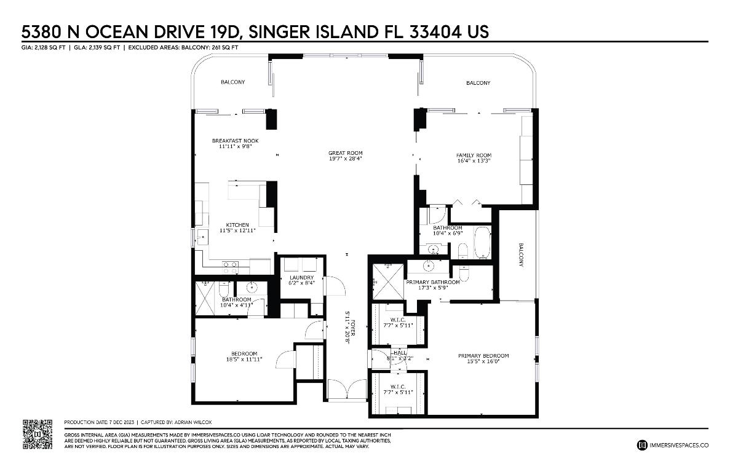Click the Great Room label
[345, 153]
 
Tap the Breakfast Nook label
[235, 141]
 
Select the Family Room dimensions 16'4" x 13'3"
[473, 160]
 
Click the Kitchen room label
[237, 225]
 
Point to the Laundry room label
[301, 277]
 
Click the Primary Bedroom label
[483, 356]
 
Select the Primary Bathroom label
[432, 282]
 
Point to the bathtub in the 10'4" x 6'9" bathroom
[481, 242]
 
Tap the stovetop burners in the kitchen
[230, 267]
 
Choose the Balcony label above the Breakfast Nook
[232, 82]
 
